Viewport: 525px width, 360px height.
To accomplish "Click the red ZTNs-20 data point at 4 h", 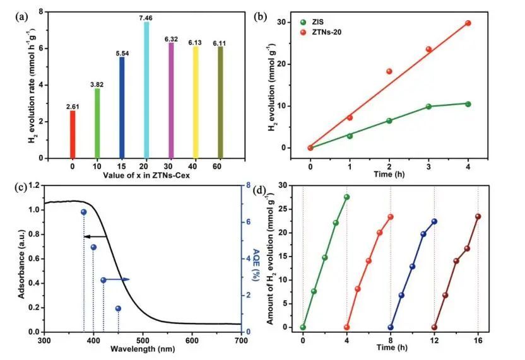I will [468, 23].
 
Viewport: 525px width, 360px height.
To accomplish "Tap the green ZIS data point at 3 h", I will [428, 107].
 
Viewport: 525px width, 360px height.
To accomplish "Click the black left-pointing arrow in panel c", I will [95, 236].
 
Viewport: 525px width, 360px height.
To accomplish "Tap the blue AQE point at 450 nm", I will [118, 308].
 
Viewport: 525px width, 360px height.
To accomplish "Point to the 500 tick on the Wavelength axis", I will [143, 340].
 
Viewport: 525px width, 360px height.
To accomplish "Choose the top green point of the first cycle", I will [346, 197].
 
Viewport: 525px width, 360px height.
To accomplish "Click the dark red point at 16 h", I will [478, 217].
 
